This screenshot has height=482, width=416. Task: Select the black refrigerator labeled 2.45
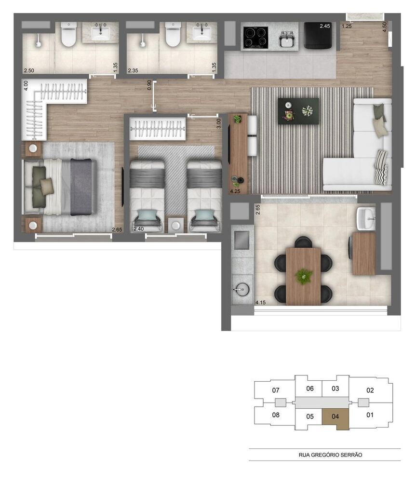coord(317,36)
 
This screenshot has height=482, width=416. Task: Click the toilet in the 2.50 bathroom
coord(68,35)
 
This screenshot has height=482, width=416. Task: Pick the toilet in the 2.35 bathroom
coord(173,35)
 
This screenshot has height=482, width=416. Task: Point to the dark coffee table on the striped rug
coord(298,111)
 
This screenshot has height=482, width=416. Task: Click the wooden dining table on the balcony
coord(303,276)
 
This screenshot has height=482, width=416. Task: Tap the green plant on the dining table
coord(304,276)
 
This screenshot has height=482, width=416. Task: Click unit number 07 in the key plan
coord(276,390)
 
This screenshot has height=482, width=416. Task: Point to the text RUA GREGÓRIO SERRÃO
coord(324,455)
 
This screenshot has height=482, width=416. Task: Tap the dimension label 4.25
coord(235,191)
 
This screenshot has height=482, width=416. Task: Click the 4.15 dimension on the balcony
coord(260,302)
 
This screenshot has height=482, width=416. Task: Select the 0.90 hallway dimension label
coord(149,85)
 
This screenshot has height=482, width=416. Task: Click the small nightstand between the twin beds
coord(176,225)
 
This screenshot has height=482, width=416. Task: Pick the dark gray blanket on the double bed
coord(81,187)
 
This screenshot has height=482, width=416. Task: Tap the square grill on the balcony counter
coord(241,239)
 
